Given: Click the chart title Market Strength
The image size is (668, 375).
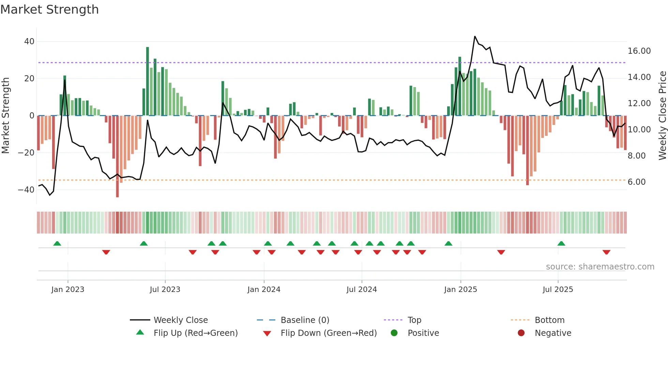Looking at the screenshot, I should pos(49,10).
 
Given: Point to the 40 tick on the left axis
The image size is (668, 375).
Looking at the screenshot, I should pos(29,42).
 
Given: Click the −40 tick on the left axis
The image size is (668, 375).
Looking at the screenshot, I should pos(27,190).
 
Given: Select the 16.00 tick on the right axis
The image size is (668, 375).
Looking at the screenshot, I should pos(639,51).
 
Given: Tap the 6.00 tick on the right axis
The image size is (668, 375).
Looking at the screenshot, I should pos(637,182).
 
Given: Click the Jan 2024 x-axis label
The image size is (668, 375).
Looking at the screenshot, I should pos(264,290).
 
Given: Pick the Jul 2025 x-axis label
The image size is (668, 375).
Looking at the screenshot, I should pos(558,290).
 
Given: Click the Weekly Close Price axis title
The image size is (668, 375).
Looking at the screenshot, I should pos(662,116).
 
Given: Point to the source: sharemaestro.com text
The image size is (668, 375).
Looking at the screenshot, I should pos(600,267).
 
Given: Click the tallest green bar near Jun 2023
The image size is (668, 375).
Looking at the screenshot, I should pos(148,82).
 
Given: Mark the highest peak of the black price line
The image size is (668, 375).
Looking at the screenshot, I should pos(475,36).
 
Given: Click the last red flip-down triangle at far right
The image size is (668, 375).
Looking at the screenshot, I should pos(606,252).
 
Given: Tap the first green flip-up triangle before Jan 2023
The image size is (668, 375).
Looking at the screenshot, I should pos(57,243).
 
